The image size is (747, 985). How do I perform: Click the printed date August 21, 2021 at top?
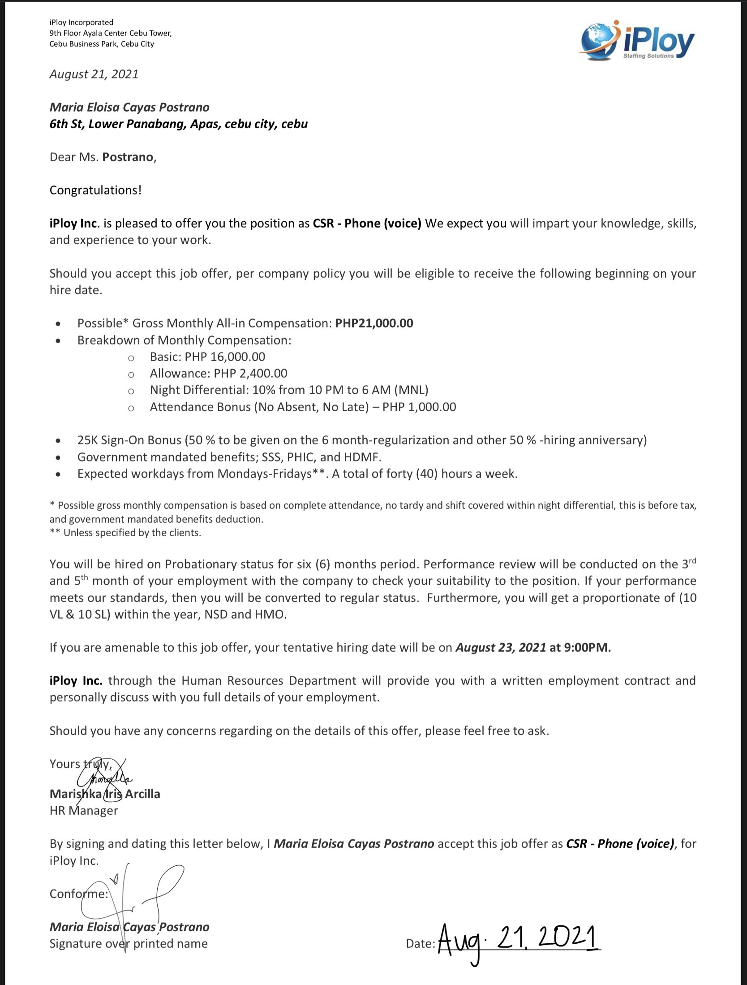(94, 74)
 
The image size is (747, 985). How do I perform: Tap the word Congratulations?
(95, 190)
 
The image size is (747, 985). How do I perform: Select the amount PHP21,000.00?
(374, 323)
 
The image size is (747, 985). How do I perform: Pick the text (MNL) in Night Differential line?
(411, 390)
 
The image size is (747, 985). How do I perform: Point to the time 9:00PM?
(588, 648)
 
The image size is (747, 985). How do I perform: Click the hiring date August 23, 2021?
(501, 648)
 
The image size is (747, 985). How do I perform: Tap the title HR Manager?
(84, 811)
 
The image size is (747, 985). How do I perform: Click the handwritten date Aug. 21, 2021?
(517, 940)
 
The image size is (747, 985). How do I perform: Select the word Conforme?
(79, 894)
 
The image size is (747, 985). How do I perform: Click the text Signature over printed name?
(129, 944)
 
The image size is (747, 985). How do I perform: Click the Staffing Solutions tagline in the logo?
(648, 56)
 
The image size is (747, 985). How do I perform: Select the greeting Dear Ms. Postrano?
(103, 157)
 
